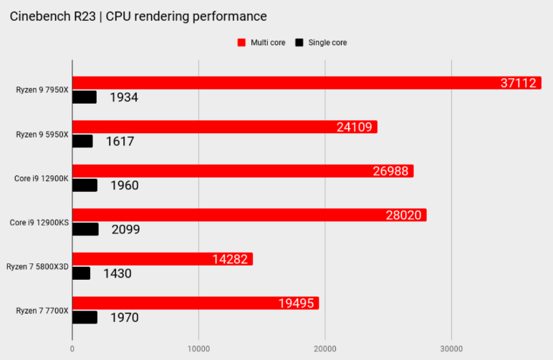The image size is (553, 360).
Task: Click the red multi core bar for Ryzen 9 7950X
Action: coord(307,83)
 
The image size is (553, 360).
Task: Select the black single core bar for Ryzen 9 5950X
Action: coord(82,141)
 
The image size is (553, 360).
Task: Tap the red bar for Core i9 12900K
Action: coord(243,171)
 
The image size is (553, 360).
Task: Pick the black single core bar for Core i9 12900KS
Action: coord(86,229)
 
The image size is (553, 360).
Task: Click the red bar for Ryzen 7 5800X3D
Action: coord(163,259)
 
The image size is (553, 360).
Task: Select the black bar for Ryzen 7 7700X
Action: coord(85,317)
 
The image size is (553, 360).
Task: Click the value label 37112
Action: coord(518,83)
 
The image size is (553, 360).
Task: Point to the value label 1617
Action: coord(120,141)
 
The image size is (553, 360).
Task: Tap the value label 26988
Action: coord(390,171)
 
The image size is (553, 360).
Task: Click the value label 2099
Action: coord(125,229)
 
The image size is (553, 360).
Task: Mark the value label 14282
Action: coord(230,259)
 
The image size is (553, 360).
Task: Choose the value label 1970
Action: coord(125,317)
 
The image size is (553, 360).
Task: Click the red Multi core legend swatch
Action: coord(241,43)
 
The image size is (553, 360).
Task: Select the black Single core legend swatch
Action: coord(299,43)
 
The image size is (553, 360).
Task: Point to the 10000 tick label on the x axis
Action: coord(198,349)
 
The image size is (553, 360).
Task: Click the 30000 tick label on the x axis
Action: coord(451,349)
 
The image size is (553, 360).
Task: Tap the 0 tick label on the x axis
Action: coord(72,349)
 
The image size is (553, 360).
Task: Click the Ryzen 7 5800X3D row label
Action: coord(37,267)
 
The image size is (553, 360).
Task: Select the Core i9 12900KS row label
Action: coord(39,223)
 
